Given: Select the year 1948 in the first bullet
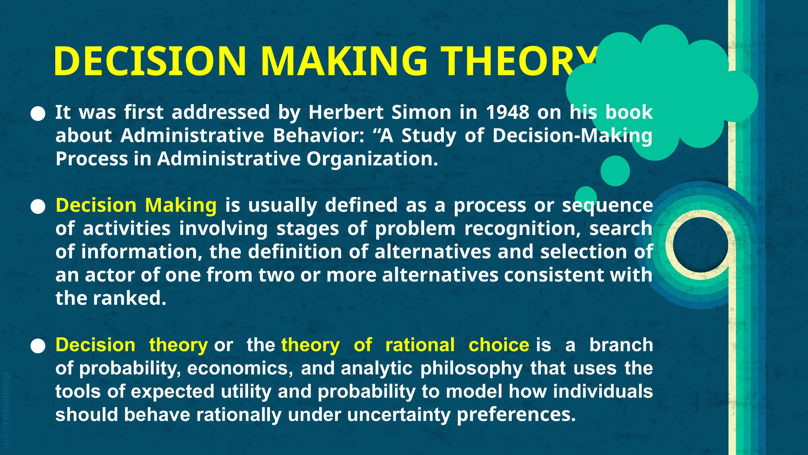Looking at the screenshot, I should tap(507, 112).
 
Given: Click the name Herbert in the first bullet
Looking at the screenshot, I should tap(346, 112).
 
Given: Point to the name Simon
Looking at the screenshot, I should tap(421, 112).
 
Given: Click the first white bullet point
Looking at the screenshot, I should tap(38, 114).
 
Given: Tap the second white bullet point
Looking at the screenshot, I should tap(38, 207).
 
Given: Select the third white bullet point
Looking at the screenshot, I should tap(38, 346).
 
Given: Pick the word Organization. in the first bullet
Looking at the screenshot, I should tap(372, 159).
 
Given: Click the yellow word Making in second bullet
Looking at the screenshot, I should tap(181, 205).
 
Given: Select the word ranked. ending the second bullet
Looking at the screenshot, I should tap(130, 298).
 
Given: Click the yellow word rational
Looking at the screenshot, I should tap(420, 345).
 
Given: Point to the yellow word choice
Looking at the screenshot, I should tap(499, 345).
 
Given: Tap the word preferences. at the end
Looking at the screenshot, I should tap(516, 415).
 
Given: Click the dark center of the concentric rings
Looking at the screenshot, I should tap(700, 245).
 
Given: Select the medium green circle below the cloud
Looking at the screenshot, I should tap(615, 171).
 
